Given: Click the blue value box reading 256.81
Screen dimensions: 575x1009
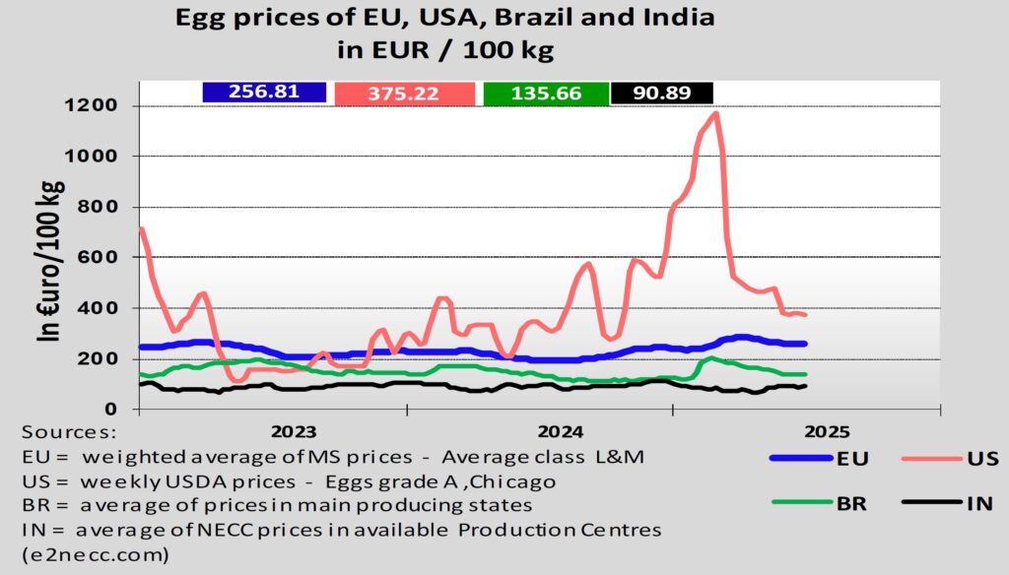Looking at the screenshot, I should pyautogui.click(x=263, y=92).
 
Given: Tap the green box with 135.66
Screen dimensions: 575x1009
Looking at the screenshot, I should pyautogui.click(x=546, y=93).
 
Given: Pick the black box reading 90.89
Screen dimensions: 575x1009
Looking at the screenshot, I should pyautogui.click(x=661, y=93).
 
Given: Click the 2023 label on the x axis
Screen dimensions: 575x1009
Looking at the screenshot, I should pyautogui.click(x=294, y=431).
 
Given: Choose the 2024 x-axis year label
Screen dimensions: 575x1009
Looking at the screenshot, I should pyautogui.click(x=563, y=431).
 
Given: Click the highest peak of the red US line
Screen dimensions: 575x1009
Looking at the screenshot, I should pyautogui.click(x=715, y=113).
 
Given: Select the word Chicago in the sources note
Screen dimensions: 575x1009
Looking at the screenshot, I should pyautogui.click(x=512, y=482).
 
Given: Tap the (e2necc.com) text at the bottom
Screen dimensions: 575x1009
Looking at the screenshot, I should pyautogui.click(x=89, y=554).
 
